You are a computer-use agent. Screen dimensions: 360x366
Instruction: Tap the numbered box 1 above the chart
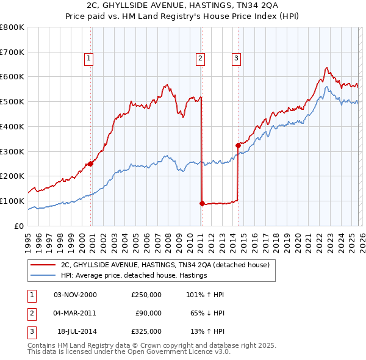pyautogui.click(x=89, y=59)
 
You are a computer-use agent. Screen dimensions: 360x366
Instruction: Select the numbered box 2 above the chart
pyautogui.click(x=199, y=59)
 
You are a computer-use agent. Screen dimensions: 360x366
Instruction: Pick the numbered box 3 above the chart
pyautogui.click(x=236, y=59)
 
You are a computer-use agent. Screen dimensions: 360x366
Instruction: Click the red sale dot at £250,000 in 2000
pyautogui.click(x=91, y=164)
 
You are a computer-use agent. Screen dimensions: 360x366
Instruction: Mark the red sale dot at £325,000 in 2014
pyautogui.click(x=238, y=145)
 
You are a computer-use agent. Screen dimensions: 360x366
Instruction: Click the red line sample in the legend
pyautogui.click(x=43, y=265)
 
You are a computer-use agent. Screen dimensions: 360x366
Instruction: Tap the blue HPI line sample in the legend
pyautogui.click(x=43, y=275)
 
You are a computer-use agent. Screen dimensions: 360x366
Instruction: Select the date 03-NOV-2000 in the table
pyautogui.click(x=75, y=295)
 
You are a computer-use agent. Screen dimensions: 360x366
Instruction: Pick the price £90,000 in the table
pyautogui.click(x=146, y=313)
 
